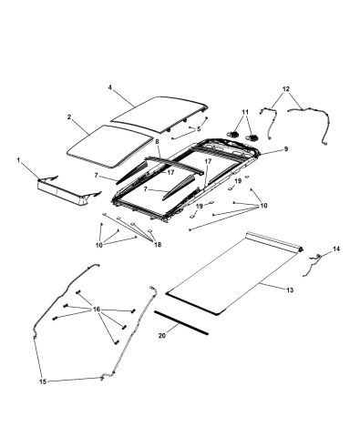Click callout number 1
point(17,159)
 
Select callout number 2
point(69,117)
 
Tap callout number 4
point(109,88)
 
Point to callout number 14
point(334,248)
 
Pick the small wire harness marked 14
point(314,264)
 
